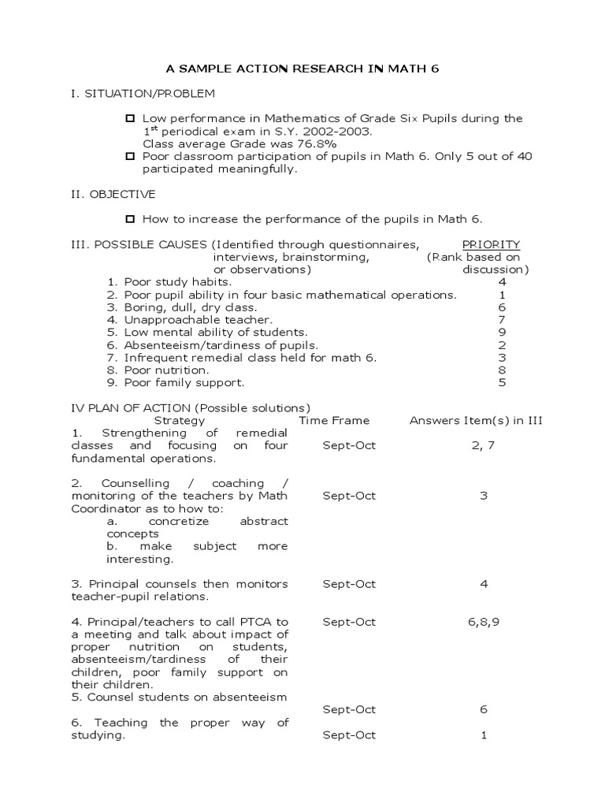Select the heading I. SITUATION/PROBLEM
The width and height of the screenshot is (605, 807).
[143, 94]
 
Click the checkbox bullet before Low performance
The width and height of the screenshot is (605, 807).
[131, 119]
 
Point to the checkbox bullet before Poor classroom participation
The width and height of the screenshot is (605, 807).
[131, 156]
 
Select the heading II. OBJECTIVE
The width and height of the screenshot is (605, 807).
[113, 194]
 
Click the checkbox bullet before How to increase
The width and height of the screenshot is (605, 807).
[131, 219]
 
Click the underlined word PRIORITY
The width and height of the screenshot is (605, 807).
[491, 244]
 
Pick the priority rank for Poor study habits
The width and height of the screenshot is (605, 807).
[502, 282]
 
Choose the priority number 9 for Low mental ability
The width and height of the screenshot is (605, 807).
[502, 333]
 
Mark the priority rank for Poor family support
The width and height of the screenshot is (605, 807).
[502, 382]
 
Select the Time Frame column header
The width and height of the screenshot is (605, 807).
[334, 421]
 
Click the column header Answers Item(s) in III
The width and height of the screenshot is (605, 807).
[476, 421]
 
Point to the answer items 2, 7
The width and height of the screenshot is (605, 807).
[483, 445]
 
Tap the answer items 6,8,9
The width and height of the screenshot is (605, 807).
[483, 622]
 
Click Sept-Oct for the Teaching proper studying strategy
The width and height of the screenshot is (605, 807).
[349, 735]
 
